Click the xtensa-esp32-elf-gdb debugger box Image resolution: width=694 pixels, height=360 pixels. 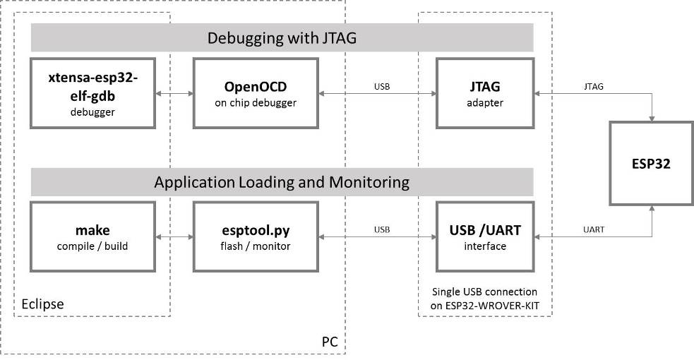93,93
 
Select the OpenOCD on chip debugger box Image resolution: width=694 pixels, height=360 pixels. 255,93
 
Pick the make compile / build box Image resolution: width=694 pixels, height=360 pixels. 93,236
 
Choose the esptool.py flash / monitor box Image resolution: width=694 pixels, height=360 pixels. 255,236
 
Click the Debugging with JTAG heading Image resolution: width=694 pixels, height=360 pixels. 281,38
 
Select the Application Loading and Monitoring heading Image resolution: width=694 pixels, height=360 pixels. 281,182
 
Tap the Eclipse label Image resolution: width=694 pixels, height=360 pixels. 41,304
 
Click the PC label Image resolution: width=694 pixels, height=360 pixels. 330,342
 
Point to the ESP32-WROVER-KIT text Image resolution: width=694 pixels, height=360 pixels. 484,304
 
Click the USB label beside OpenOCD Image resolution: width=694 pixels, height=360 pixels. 382,86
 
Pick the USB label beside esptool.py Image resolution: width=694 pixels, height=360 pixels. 382,229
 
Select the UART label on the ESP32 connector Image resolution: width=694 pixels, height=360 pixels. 593,229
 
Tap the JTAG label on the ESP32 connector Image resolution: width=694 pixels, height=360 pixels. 593,86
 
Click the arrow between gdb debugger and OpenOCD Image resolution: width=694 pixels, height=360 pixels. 174,93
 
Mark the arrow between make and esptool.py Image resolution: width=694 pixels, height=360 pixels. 174,236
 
